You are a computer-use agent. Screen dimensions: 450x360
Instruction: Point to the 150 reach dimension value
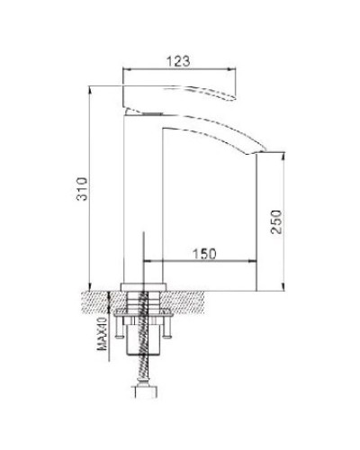[206, 256]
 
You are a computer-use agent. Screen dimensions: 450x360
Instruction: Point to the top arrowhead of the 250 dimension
[287, 155]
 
